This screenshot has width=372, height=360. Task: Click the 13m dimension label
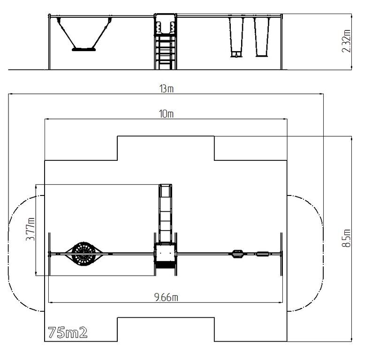pyautogui.click(x=167, y=89)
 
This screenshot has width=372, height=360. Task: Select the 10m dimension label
pyautogui.click(x=166, y=114)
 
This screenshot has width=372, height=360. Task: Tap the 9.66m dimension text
pyautogui.click(x=166, y=297)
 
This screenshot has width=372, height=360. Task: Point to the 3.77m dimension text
pyautogui.click(x=30, y=229)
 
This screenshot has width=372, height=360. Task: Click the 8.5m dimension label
pyautogui.click(x=346, y=238)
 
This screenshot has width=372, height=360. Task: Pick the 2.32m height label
pyautogui.click(x=346, y=41)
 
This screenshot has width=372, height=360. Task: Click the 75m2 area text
pyautogui.click(x=68, y=332)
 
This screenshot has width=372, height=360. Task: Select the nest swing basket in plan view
pyautogui.click(x=84, y=254)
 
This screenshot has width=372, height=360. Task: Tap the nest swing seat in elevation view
pyautogui.click(x=84, y=50)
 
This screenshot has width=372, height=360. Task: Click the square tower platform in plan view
pyautogui.click(x=166, y=253)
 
